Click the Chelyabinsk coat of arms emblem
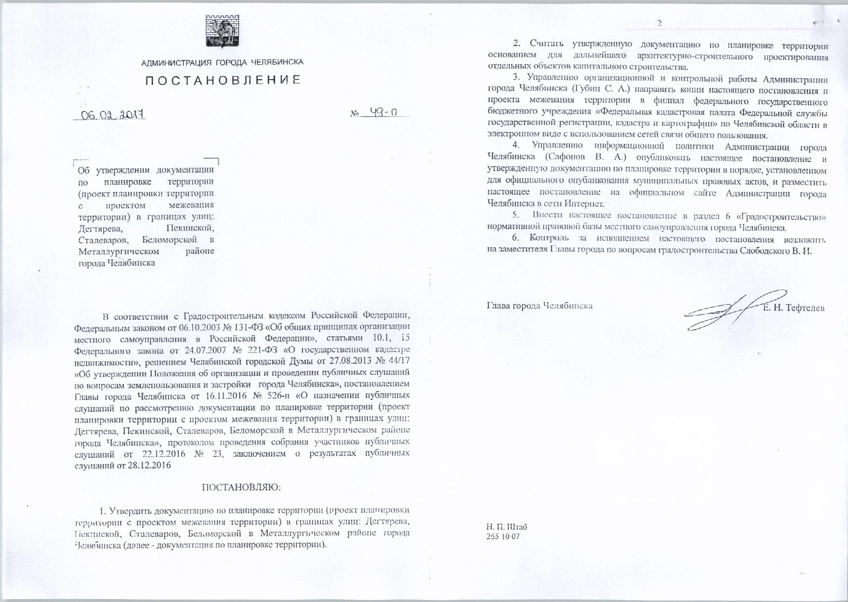pyautogui.click(x=222, y=31)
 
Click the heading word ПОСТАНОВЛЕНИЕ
pyautogui.click(x=223, y=80)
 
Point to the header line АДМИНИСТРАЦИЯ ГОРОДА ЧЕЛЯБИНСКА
pyautogui.click(x=222, y=62)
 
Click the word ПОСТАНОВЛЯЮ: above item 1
pyautogui.click(x=241, y=487)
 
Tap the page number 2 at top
pyautogui.click(x=660, y=23)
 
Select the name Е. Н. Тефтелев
pyautogui.click(x=794, y=308)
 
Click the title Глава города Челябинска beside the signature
pyautogui.click(x=540, y=306)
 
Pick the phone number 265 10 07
pyautogui.click(x=503, y=537)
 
